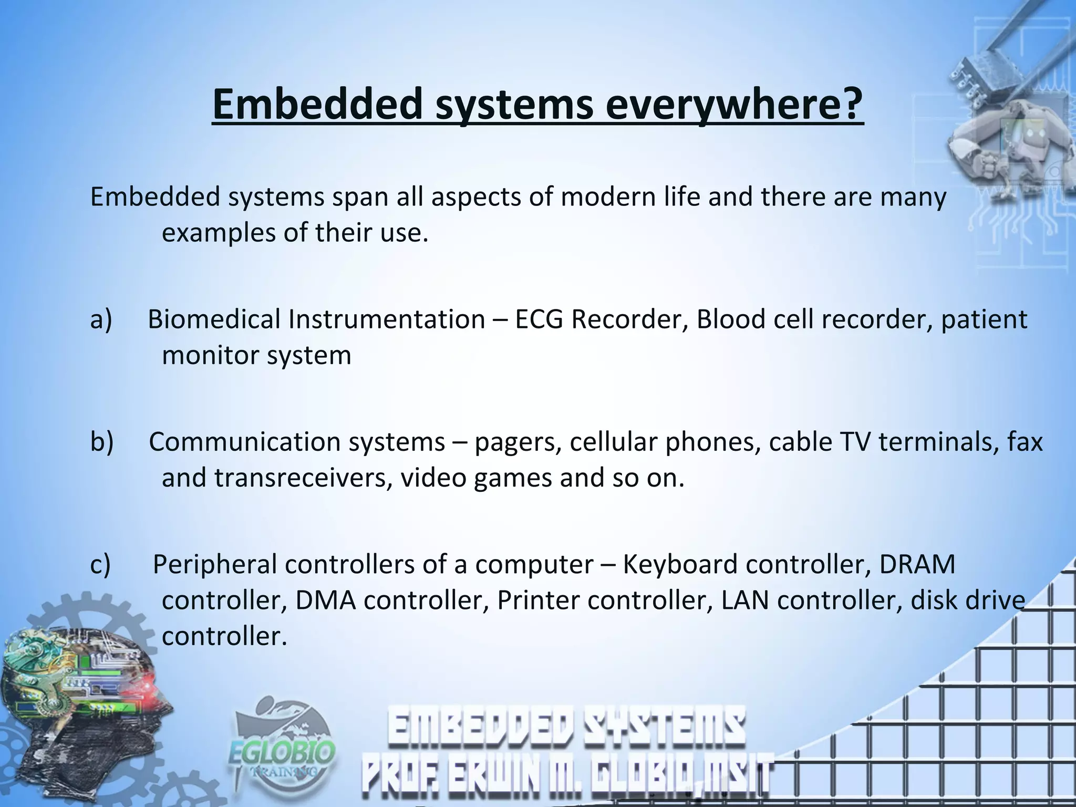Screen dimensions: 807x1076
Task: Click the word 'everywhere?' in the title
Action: pos(734,105)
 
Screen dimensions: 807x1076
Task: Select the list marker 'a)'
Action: pos(101,319)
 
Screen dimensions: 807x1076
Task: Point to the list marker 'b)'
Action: pos(101,442)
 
